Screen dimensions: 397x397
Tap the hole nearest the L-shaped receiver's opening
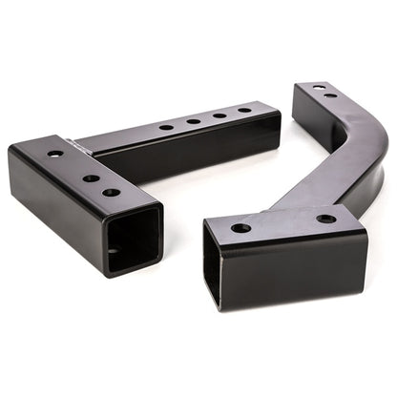click(x=112, y=193)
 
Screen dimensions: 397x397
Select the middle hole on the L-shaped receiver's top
click(x=90, y=178)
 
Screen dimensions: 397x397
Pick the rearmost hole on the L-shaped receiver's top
click(x=54, y=154)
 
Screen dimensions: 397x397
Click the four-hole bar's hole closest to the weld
click(x=167, y=127)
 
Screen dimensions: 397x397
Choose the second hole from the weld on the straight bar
click(x=194, y=121)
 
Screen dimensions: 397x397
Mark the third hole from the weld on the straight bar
click(x=220, y=115)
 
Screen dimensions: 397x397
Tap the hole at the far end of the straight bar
click(x=245, y=111)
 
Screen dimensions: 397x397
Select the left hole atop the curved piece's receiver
click(x=240, y=228)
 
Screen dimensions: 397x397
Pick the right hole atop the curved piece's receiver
click(x=326, y=219)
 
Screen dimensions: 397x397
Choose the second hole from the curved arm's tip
click(x=330, y=95)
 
